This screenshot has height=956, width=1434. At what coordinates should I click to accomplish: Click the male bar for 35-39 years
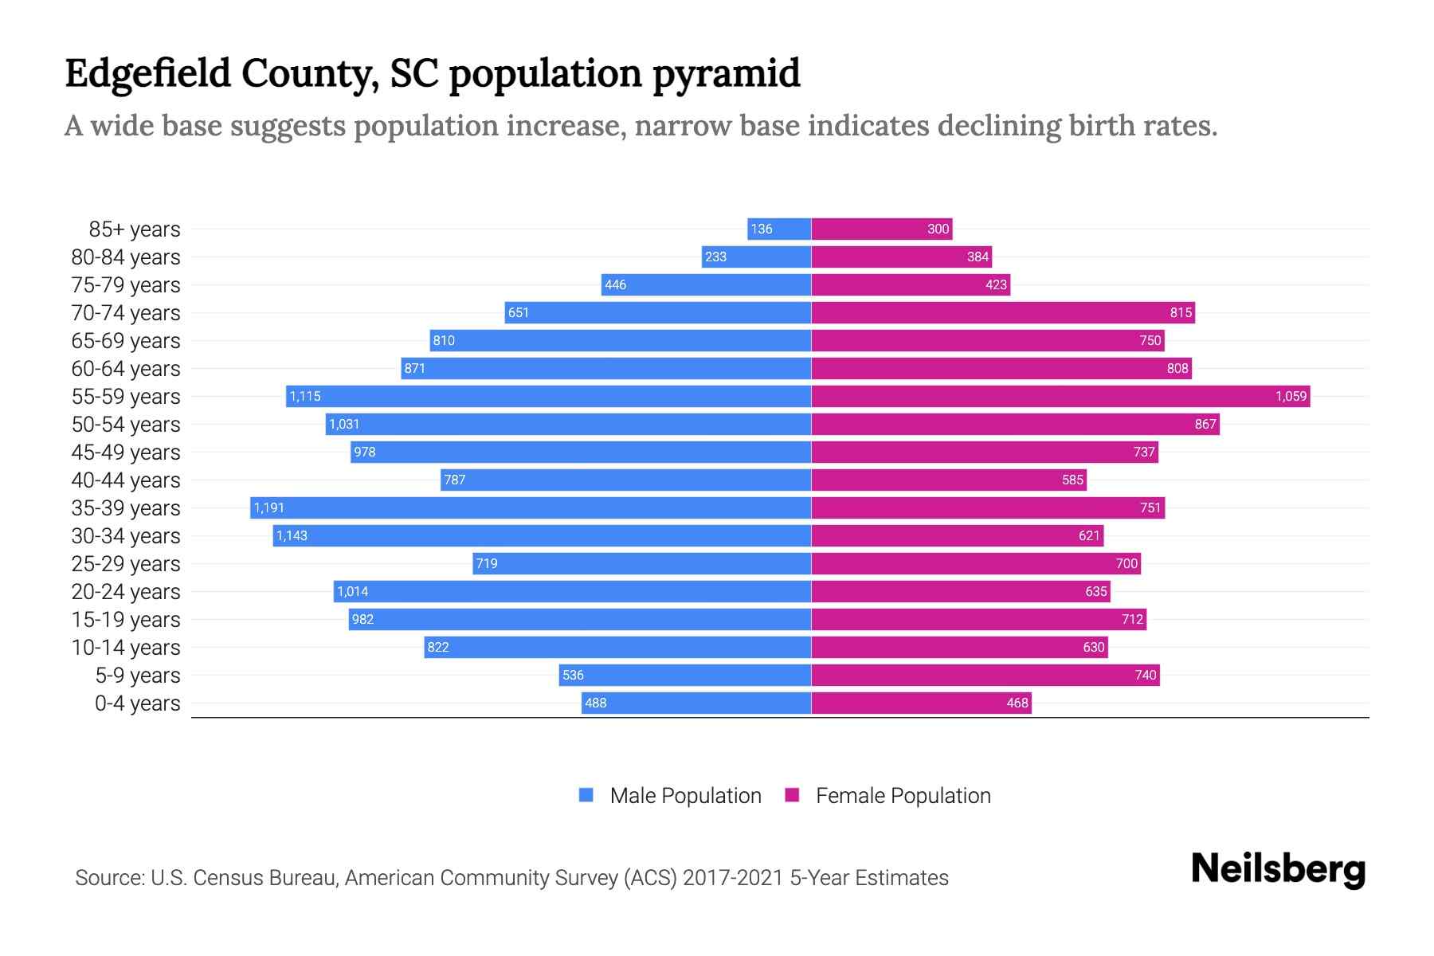tap(531, 507)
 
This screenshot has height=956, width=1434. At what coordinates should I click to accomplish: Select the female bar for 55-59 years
tap(1060, 396)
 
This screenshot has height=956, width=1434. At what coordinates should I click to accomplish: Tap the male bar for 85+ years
tap(779, 229)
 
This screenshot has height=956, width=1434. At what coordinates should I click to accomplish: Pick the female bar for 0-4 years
tap(921, 703)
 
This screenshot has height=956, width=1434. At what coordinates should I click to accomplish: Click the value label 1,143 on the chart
tap(292, 535)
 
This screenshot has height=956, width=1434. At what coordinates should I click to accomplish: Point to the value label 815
tap(1181, 312)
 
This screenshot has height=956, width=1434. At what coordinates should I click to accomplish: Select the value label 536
tap(573, 675)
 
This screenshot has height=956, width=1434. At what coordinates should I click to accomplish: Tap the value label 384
tap(978, 257)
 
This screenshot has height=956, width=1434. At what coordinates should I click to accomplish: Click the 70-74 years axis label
tap(126, 312)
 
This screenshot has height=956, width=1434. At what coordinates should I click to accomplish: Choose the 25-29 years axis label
tap(126, 563)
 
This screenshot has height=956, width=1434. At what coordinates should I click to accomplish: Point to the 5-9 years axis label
tap(138, 675)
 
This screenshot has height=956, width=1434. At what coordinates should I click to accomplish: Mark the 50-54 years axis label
tap(126, 424)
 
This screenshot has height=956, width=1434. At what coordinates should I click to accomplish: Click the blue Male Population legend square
tap(586, 795)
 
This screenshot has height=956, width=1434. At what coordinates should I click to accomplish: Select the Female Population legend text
tap(903, 795)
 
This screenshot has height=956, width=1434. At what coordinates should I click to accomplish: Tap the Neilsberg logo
tap(1278, 869)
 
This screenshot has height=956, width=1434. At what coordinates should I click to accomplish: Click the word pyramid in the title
tap(726, 73)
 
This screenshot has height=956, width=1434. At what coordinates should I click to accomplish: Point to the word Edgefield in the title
tap(147, 73)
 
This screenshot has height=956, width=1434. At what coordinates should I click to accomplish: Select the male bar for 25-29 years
tap(641, 563)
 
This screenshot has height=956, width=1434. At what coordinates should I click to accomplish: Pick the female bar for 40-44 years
tap(948, 480)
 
